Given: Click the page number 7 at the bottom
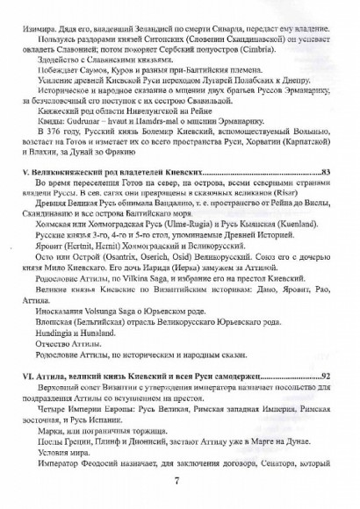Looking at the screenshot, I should point(179,479).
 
